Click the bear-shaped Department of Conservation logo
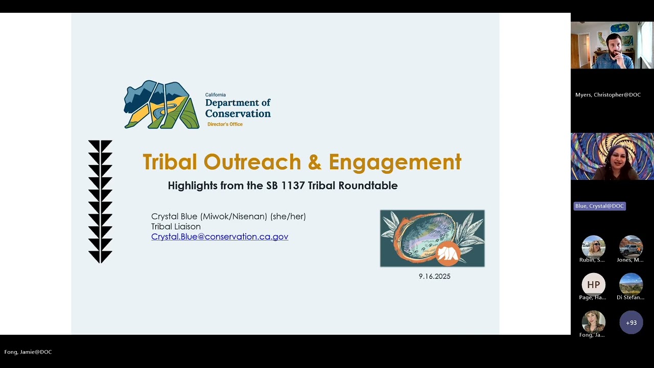(161, 105)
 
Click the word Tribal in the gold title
(170, 162)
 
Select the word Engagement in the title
(394, 162)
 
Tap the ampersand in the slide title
(315, 162)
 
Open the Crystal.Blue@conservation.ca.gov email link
(220, 237)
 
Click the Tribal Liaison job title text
(176, 226)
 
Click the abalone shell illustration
(432, 238)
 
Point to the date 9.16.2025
(434, 276)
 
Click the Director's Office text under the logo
(225, 124)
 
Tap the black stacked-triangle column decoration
(100, 201)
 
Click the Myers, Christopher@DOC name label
(608, 95)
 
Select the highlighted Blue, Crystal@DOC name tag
(599, 206)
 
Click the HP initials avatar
(593, 285)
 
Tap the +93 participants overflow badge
(631, 323)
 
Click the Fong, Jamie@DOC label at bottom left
(28, 352)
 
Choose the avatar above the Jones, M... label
(630, 247)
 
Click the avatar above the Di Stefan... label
(630, 285)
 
